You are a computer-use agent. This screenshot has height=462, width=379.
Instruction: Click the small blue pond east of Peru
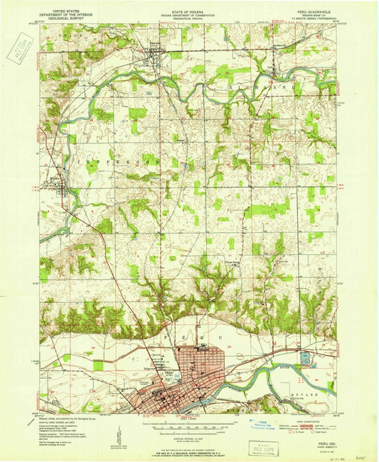(x=306, y=359)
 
